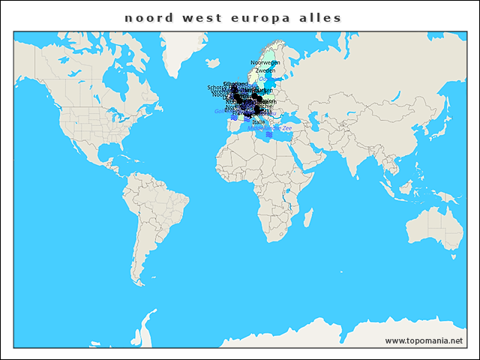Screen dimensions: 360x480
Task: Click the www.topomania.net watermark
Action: [424, 340]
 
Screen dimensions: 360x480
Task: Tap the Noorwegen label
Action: [265, 62]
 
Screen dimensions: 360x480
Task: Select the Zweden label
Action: [265, 70]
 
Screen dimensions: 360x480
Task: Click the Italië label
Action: [259, 121]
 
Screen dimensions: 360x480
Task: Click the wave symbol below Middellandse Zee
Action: [269, 134]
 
